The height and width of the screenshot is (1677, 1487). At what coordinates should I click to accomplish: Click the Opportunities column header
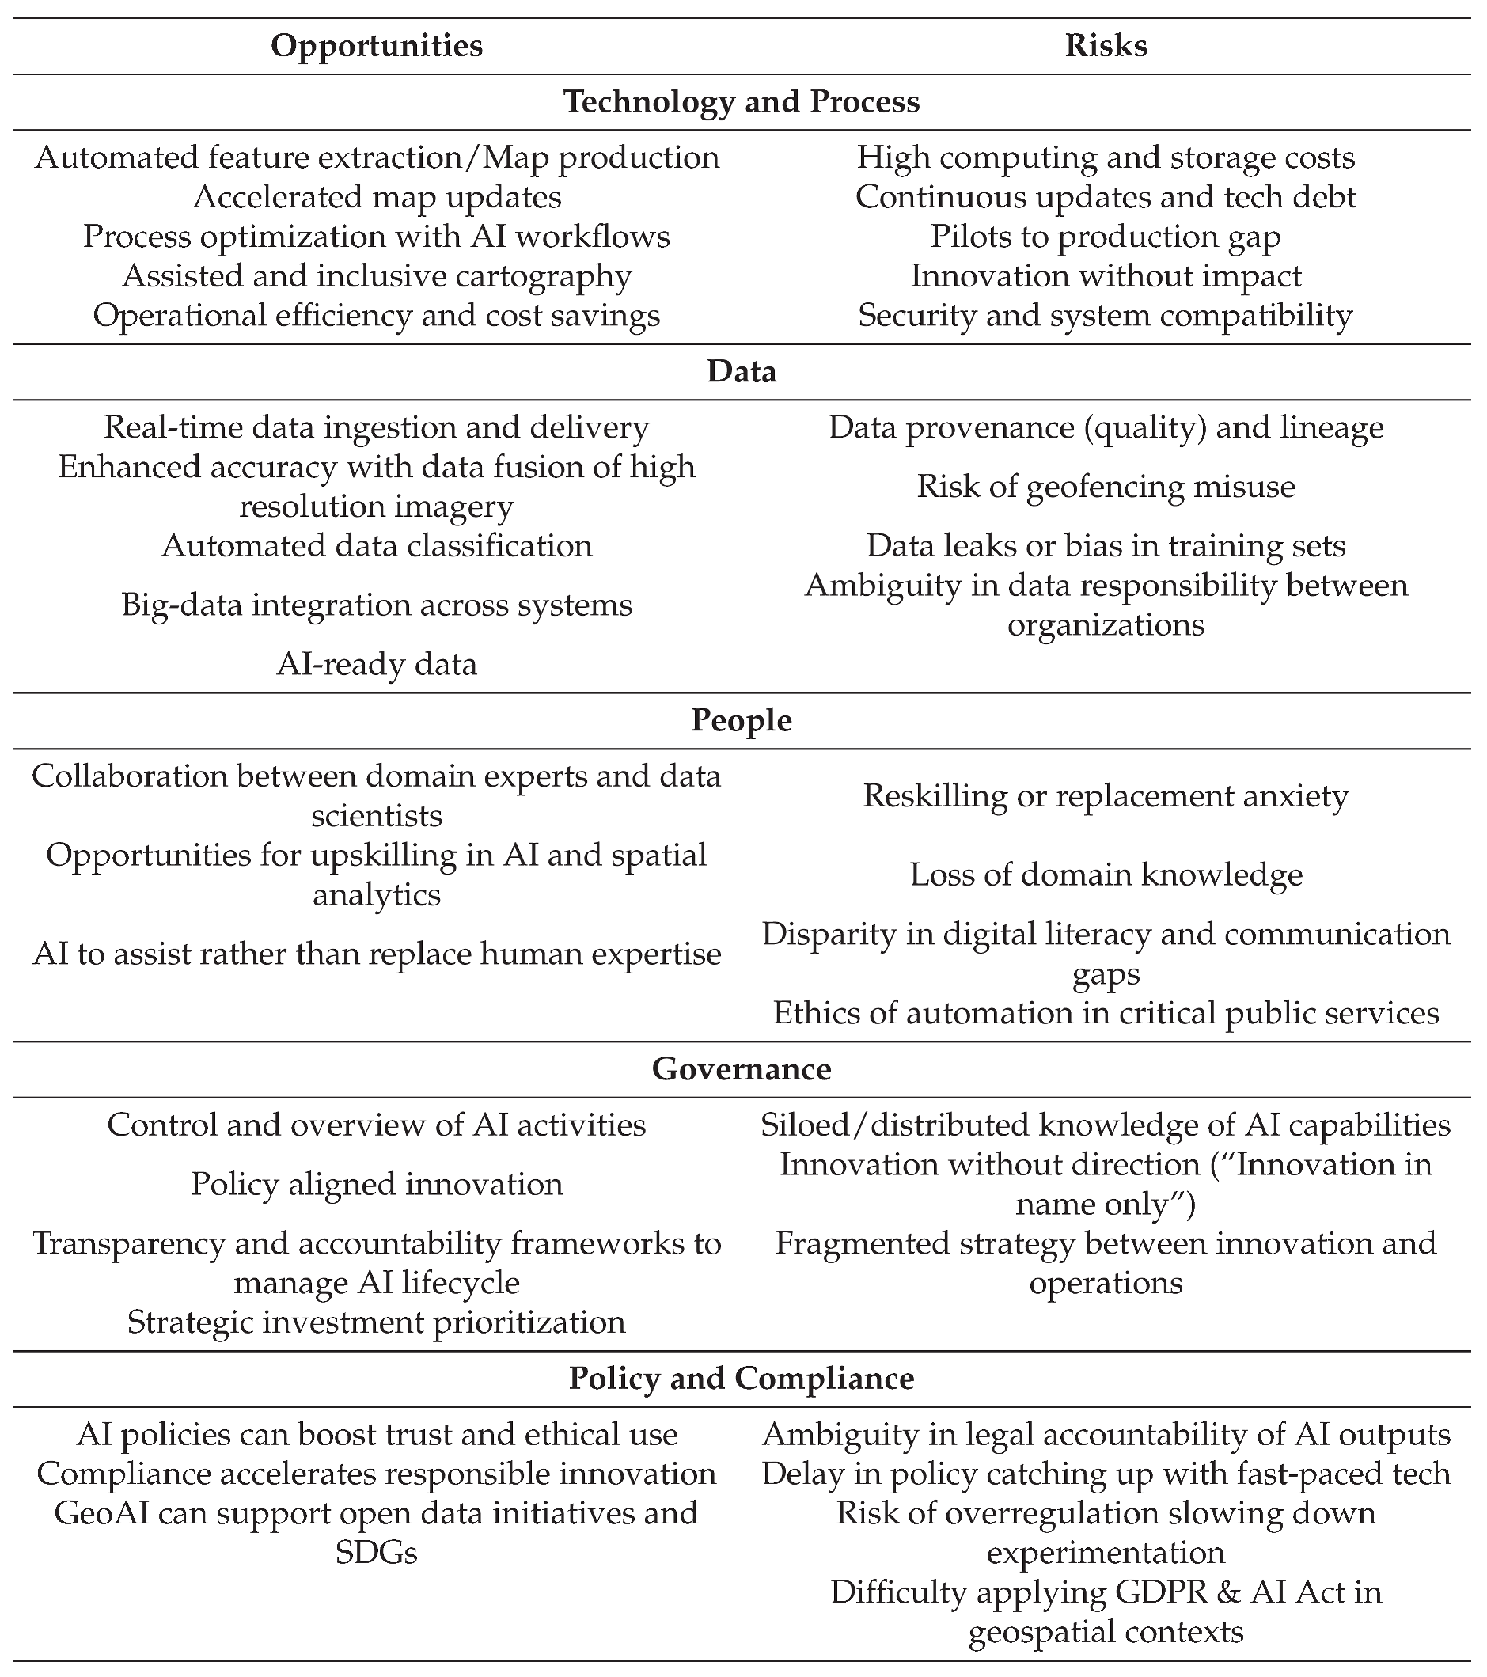click(x=377, y=45)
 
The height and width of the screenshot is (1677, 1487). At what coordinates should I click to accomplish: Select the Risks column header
click(x=1106, y=45)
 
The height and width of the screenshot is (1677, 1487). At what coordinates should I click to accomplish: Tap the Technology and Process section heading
click(x=742, y=102)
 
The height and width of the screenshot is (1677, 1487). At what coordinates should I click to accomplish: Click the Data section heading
click(x=742, y=372)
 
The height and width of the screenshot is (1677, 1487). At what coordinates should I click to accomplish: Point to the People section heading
click(x=742, y=720)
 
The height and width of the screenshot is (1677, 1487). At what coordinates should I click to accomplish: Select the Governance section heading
click(x=742, y=1069)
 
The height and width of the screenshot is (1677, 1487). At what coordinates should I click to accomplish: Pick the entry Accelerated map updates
click(x=377, y=197)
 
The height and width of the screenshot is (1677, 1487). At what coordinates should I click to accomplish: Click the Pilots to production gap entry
click(x=1106, y=237)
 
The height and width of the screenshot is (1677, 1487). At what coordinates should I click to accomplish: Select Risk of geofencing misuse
click(x=1106, y=487)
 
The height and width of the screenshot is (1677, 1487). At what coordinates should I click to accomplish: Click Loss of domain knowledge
click(x=1106, y=875)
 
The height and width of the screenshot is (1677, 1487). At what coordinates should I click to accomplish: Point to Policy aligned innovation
click(x=377, y=1184)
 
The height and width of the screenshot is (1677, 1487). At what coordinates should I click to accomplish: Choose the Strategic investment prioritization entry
click(x=377, y=1322)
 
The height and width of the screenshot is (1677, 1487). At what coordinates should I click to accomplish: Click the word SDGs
click(x=377, y=1552)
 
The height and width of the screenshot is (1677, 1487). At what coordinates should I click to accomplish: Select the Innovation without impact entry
click(x=1106, y=275)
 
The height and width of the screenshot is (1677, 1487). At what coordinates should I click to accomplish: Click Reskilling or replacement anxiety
click(x=1106, y=796)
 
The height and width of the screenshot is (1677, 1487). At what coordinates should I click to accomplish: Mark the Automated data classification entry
click(x=377, y=545)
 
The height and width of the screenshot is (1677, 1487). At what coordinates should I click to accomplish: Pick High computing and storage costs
click(x=1106, y=157)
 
